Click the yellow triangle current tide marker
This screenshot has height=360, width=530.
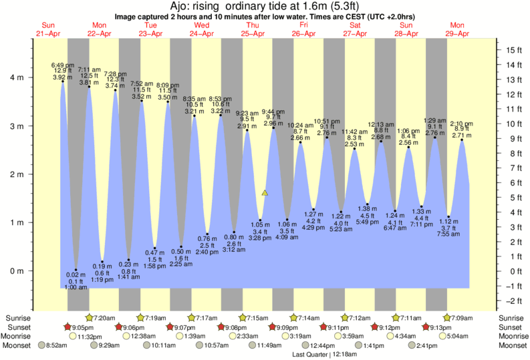(265, 192)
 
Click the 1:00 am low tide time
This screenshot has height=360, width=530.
(76, 287)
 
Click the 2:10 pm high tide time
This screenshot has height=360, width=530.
(461, 124)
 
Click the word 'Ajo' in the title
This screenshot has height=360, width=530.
(182, 7)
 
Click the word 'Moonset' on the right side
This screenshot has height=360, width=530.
(511, 346)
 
